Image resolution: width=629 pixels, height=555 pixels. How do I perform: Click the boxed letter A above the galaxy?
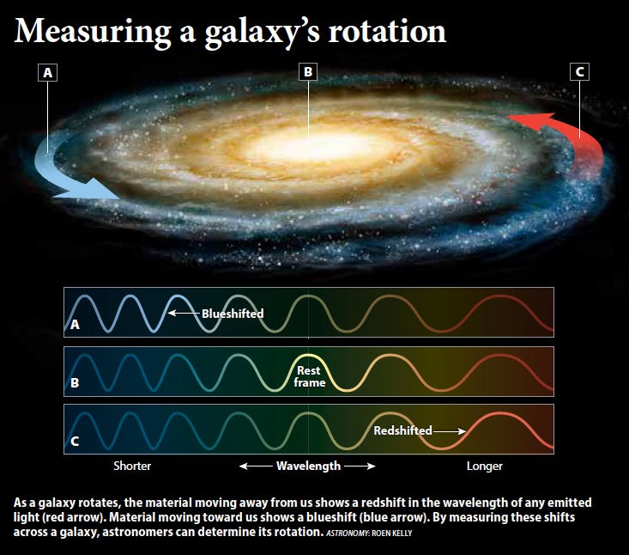pos(47,73)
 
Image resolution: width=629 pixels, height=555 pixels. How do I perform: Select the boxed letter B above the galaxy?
pos(308,72)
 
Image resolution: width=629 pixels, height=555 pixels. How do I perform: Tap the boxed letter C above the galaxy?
pos(580,72)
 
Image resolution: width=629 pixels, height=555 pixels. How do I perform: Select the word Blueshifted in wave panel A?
pos(233,314)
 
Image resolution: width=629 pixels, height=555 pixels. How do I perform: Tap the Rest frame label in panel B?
pos(309,376)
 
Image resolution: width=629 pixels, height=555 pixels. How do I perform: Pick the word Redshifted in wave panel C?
pos(402,430)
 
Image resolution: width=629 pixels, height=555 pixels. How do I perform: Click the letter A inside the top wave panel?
pos(75,325)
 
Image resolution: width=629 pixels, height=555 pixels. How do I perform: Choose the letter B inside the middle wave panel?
pos(75,382)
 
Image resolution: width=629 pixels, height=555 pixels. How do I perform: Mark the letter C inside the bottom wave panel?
pos(75,442)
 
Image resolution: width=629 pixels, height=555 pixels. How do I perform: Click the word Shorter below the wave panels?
pos(132,466)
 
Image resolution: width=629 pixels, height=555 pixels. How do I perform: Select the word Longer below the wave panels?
pos(485,466)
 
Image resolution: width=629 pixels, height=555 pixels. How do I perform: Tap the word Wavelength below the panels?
pos(308,466)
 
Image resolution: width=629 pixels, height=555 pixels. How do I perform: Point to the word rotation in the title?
pos(387,31)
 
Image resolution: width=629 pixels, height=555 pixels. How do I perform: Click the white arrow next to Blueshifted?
pos(184,313)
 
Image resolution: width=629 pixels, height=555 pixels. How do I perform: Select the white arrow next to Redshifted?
pos(450,431)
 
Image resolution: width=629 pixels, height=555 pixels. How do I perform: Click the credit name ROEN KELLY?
pos(392,534)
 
